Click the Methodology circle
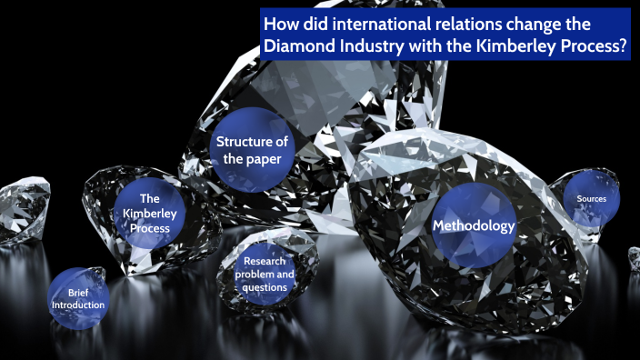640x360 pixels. (x=473, y=225)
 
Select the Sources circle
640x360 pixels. (x=585, y=198)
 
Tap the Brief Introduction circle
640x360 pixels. (x=78, y=298)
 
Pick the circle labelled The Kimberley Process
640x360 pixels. (x=148, y=214)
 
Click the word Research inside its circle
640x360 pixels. (x=265, y=261)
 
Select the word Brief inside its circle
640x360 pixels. (x=78, y=292)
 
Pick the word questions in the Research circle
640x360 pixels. (x=265, y=287)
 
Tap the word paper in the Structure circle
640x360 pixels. (x=273, y=159)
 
